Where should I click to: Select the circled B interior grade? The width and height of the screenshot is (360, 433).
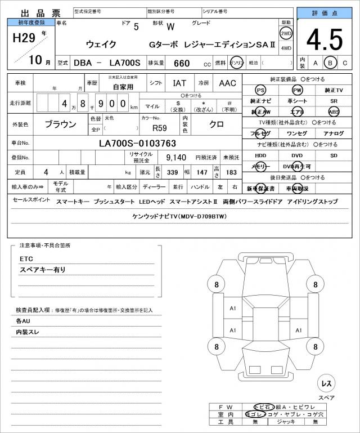[331, 63]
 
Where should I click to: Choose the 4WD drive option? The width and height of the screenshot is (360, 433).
[286, 48]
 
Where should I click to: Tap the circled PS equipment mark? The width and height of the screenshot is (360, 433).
[260, 90]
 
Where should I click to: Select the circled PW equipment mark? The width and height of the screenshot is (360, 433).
[297, 90]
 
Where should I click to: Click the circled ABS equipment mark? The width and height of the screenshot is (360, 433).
[334, 111]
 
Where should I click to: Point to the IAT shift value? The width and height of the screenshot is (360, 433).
[179, 83]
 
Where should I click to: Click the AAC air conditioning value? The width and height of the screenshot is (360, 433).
[227, 83]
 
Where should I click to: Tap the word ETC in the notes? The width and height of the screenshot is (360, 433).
[26, 259]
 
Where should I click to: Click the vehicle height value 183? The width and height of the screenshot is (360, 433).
[231, 172]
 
